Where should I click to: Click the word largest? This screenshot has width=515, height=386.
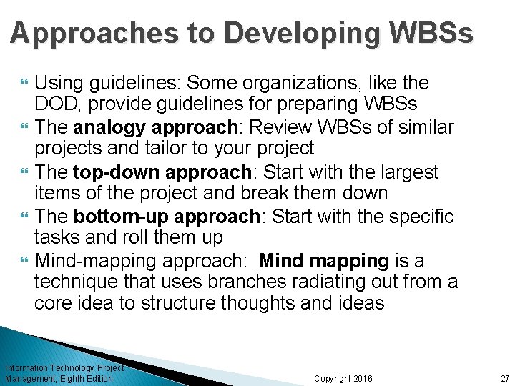point(410,172)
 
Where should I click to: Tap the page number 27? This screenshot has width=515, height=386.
point(504,378)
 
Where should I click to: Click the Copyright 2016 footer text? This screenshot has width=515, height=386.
point(343,378)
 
